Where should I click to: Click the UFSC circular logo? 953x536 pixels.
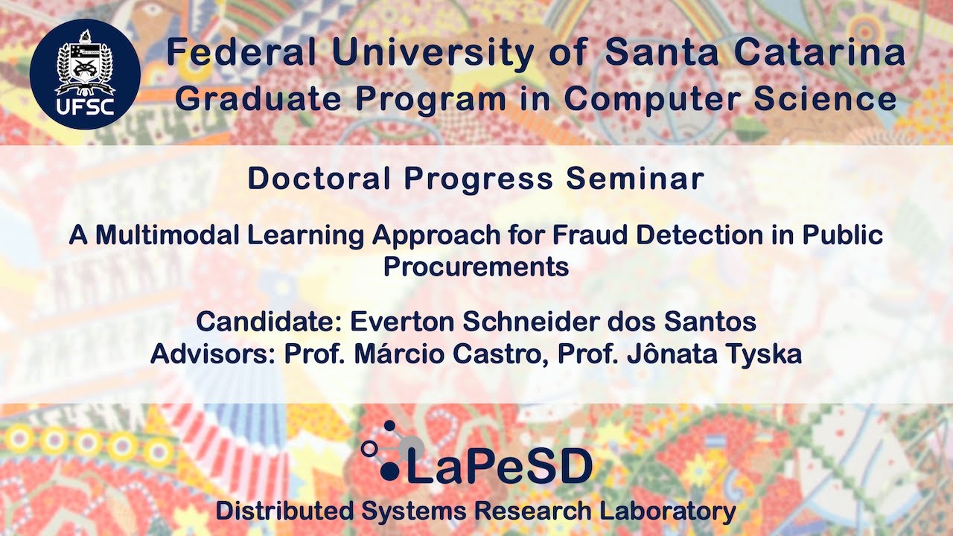(84, 74)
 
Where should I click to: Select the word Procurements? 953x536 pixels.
(476, 266)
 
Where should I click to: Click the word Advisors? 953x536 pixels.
(213, 354)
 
